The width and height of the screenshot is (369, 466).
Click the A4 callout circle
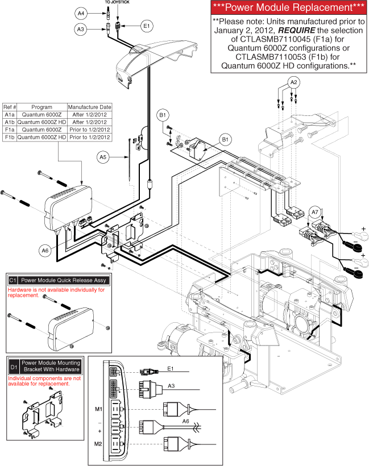[x=81, y=12]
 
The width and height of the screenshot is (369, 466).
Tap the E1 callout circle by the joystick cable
[x=146, y=25]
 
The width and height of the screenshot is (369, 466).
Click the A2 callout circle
[x=293, y=82]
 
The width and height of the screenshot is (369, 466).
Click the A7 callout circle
[x=315, y=213]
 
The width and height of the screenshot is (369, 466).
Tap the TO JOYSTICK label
[x=117, y=3]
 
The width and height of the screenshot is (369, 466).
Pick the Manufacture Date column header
[x=90, y=107]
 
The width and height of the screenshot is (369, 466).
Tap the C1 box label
[x=13, y=280]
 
